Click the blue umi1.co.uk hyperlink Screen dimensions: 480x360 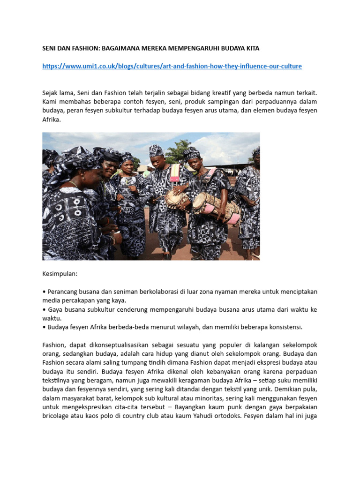tap(172, 66)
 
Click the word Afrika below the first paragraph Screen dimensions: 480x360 tap(51, 120)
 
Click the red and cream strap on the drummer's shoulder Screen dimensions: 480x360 tap(174, 172)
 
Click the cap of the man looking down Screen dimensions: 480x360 tap(157, 150)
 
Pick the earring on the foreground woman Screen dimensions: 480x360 tap(82, 179)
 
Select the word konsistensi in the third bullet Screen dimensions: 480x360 tap(284, 327)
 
